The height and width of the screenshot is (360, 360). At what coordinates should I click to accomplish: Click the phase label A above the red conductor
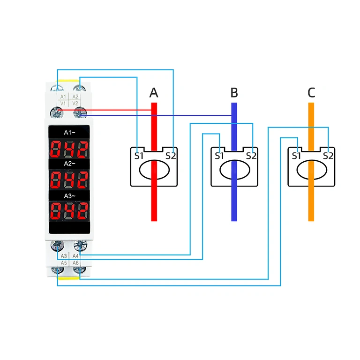[154, 93]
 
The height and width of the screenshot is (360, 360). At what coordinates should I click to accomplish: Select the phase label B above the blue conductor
[234, 93]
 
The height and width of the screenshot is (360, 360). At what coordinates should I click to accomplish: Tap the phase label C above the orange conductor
[311, 93]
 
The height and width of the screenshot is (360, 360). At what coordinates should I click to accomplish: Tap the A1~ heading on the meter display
[69, 132]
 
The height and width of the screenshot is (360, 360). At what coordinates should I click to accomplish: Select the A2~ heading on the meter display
[69, 164]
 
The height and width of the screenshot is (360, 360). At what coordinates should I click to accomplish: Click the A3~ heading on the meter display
[69, 195]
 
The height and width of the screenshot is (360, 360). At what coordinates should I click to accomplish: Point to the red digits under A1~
[69, 149]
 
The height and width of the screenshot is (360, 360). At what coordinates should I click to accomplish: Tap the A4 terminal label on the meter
[75, 255]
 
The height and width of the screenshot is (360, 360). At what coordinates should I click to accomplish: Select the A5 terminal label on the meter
[63, 263]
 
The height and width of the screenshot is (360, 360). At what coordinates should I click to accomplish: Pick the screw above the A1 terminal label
[58, 87]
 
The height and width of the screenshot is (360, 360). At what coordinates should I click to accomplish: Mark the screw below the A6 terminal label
[78, 271]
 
